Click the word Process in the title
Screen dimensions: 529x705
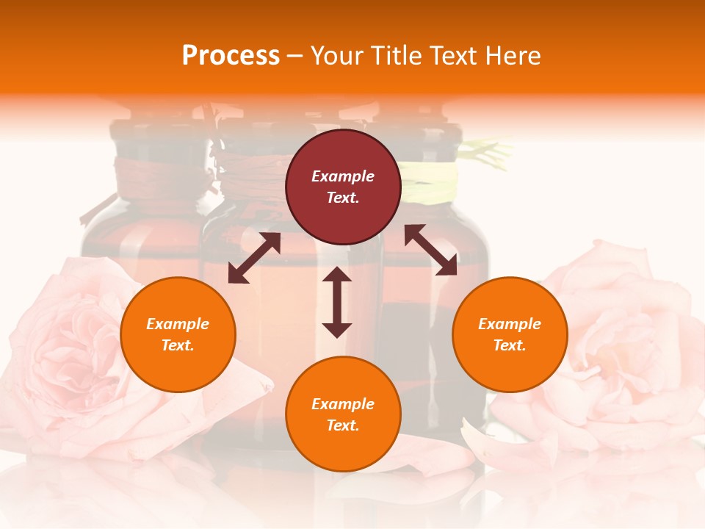pyautogui.click(x=231, y=56)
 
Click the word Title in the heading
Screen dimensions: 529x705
pyautogui.click(x=393, y=56)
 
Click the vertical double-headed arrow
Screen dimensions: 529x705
pyautogui.click(x=337, y=302)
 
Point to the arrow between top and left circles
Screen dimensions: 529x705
pyautogui.click(x=254, y=258)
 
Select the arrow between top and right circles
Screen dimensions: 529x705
pyautogui.click(x=430, y=250)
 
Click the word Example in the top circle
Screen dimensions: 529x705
pyautogui.click(x=343, y=176)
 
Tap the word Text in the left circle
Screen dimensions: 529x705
pyautogui.click(x=178, y=345)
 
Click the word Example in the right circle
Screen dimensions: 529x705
pyautogui.click(x=510, y=324)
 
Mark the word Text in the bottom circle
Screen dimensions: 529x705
pyautogui.click(x=343, y=425)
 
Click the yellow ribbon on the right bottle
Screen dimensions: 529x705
pyautogui.click(x=433, y=180)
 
